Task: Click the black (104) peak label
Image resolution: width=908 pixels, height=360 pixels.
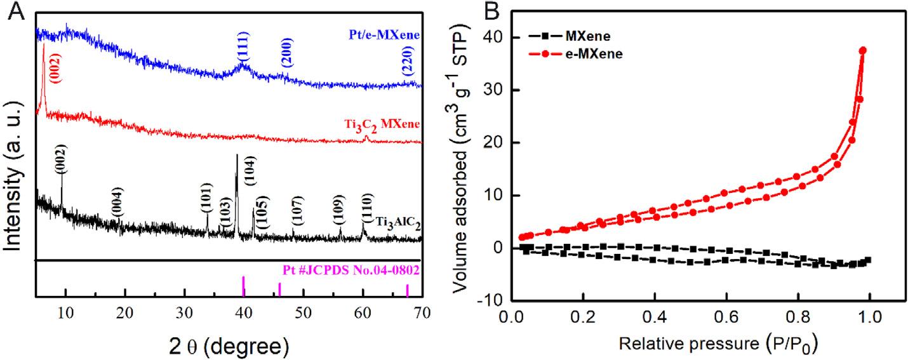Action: (x=250, y=171)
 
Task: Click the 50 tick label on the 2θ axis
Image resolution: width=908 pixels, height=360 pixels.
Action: (x=304, y=311)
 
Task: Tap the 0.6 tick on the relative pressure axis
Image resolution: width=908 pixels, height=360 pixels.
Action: (x=690, y=316)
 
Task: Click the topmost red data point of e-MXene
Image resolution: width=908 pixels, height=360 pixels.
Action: (x=863, y=50)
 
